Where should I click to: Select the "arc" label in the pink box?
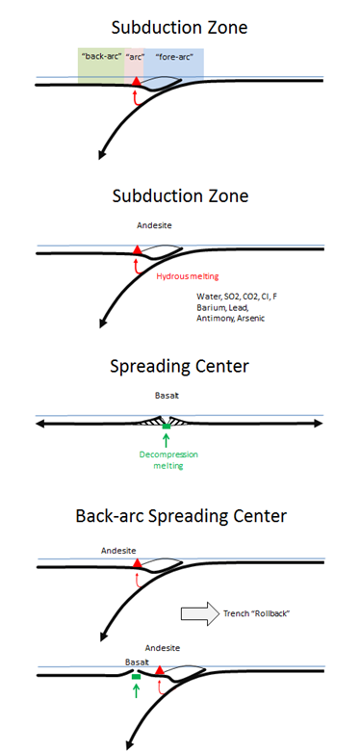click(137, 56)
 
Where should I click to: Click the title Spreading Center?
click(179, 367)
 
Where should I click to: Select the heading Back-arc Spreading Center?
click(181, 516)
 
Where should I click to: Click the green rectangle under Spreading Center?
click(167, 427)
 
